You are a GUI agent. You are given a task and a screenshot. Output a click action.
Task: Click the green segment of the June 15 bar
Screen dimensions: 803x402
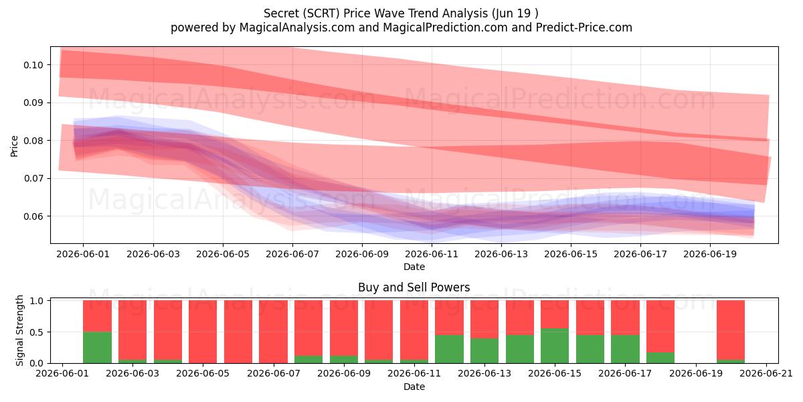point(555,346)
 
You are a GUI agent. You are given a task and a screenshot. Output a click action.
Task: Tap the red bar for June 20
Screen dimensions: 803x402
point(731,330)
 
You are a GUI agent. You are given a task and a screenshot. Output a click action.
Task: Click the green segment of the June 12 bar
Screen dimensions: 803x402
point(449,349)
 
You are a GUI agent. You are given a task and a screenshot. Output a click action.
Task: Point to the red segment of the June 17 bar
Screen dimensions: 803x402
point(625,318)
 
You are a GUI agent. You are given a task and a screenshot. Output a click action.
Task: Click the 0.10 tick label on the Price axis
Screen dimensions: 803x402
point(33,65)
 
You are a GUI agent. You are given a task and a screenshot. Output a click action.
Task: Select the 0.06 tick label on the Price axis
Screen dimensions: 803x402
point(33,216)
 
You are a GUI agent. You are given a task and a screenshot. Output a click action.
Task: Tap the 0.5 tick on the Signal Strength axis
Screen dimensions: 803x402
point(37,332)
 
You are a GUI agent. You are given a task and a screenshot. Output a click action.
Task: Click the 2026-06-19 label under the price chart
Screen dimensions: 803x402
point(710,254)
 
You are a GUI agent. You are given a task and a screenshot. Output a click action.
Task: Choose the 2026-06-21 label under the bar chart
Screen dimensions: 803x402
point(766,373)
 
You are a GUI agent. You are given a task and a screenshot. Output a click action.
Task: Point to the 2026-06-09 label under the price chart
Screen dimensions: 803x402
point(362,254)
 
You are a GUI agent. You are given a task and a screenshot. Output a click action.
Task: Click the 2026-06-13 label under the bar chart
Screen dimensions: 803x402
point(484,373)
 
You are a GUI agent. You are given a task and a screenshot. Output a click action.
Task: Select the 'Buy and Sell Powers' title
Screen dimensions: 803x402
point(414,287)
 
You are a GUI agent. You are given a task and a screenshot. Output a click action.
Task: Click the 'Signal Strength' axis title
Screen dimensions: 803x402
point(19,330)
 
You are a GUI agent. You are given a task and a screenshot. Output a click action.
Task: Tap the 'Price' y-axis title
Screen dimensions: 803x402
point(14,146)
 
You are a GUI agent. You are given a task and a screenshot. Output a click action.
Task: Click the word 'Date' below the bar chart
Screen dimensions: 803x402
point(414,387)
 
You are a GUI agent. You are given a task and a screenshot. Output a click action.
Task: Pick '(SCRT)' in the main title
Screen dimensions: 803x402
point(321,13)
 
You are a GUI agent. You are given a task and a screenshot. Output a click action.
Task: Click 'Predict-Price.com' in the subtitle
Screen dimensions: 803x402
point(584,27)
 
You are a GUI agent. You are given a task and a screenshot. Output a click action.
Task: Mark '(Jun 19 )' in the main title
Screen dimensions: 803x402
point(515,13)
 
